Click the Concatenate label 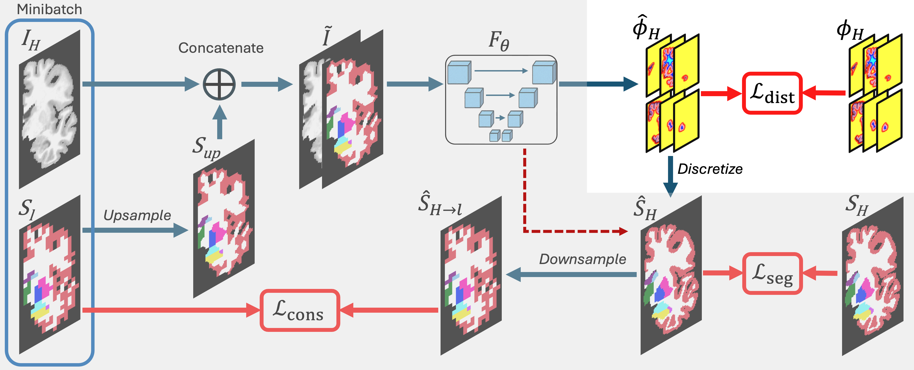coord(221,48)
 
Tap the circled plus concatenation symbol coord(219,85)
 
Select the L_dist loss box coord(772,93)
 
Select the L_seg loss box coord(772,273)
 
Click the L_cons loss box coord(300,310)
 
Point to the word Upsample coord(137,215)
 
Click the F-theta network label coord(499,41)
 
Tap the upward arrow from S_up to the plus coord(220,122)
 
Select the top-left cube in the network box coord(459,73)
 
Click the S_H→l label coord(440,204)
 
